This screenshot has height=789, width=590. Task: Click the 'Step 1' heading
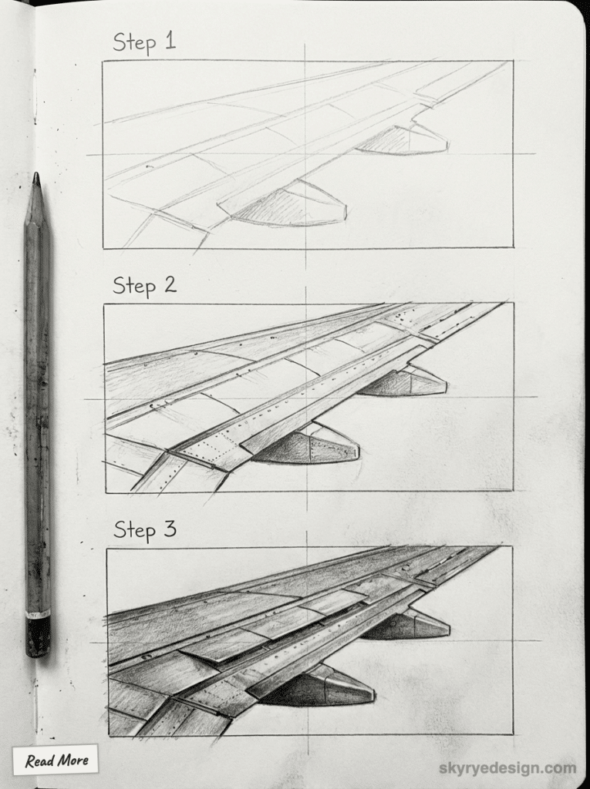pos(144,42)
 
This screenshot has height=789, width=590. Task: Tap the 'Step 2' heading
pos(144,285)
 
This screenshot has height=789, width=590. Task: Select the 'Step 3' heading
pos(145,530)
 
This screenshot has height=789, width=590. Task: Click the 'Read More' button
pos(56,760)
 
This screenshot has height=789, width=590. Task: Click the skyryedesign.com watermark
pos(507,768)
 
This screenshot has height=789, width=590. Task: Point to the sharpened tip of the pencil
pos(35,178)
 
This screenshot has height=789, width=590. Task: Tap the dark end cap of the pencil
pos(36,636)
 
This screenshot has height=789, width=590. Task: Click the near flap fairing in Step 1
pos(289,206)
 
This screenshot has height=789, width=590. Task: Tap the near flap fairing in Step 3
pos(320,688)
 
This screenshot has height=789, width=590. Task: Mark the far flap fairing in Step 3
pos(409,626)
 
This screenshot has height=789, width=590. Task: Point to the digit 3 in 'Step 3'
pos(170,530)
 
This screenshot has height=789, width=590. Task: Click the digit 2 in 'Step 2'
pos(169,285)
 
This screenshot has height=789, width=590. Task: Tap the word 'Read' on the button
pos(39,761)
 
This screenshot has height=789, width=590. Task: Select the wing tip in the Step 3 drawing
pos(494,549)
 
